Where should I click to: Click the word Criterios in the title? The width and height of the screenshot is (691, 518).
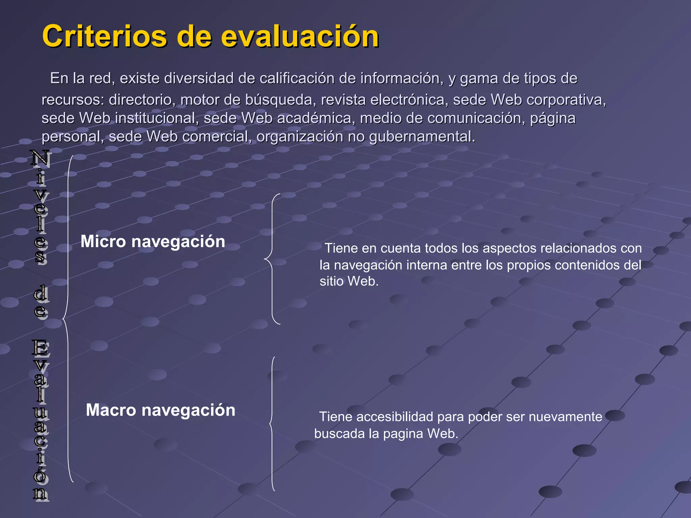[x=105, y=36]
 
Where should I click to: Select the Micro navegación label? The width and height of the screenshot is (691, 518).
[x=153, y=241]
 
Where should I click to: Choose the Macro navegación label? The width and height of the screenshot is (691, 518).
[x=161, y=410]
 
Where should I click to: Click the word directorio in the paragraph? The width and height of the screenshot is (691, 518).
[x=142, y=100]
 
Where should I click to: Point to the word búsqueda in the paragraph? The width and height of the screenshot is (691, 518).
[x=279, y=100]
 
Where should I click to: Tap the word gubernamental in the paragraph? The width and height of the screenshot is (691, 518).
[x=422, y=137]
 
